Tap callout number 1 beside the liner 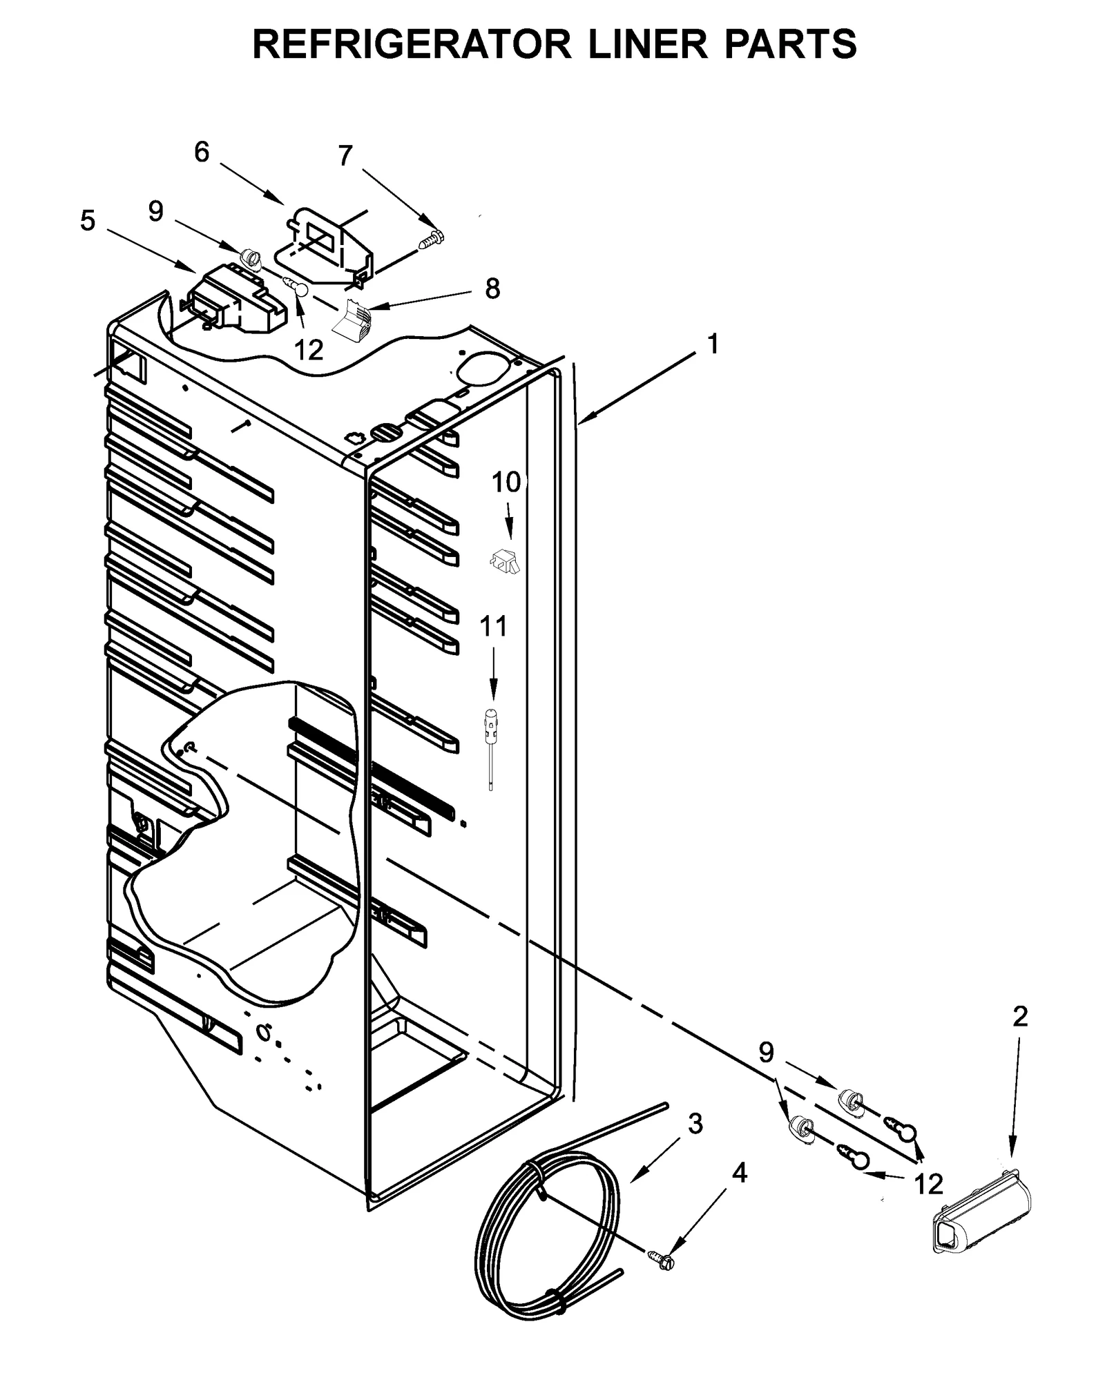click(x=713, y=343)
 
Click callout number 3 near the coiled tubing click(x=695, y=1123)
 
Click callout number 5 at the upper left click(x=88, y=221)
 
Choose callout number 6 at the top click(x=201, y=152)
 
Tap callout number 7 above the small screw click(x=345, y=156)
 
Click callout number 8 click(x=492, y=289)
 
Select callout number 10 click(x=506, y=483)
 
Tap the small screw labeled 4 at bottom click(x=664, y=1259)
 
